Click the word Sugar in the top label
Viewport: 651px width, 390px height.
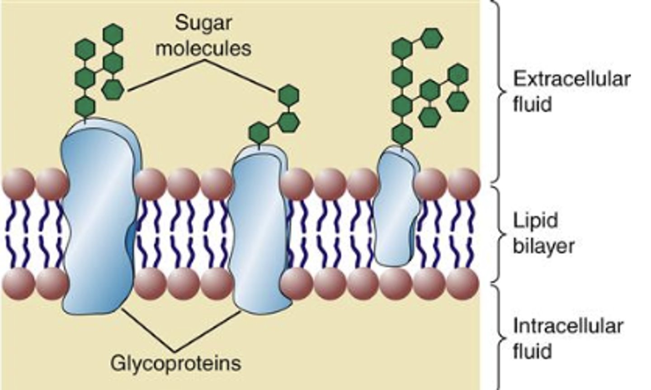[203, 23]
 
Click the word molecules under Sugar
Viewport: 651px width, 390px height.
[203, 48]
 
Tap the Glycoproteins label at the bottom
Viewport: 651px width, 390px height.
[176, 362]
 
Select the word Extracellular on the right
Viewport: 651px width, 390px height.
[571, 79]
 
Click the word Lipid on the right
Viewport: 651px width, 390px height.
[535, 221]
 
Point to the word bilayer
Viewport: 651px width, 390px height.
[543, 246]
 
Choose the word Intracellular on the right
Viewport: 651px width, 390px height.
[568, 326]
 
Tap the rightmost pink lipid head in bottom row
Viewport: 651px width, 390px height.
[463, 284]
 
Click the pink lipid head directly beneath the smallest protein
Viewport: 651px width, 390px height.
[395, 284]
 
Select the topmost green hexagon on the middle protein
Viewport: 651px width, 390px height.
[288, 95]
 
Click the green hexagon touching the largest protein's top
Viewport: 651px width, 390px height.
[85, 107]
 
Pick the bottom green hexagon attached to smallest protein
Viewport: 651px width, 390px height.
[402, 134]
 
